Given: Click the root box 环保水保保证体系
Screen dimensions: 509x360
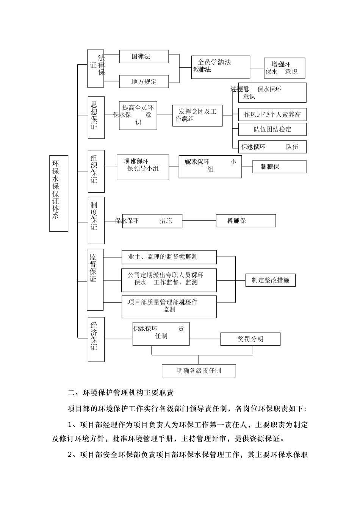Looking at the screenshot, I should click(59, 193).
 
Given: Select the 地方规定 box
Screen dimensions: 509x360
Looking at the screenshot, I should click(144, 81).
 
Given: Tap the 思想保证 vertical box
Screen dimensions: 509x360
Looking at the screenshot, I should click(96, 117).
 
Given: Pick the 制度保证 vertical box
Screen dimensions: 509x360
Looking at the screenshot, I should click(96, 220).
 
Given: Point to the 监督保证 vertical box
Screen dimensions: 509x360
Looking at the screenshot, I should click(95, 279).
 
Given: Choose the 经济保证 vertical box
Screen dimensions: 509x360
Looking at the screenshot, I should click(96, 339).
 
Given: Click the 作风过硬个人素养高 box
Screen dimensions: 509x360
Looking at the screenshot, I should click(272, 114).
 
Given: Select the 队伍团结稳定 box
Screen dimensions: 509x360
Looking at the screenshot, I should click(272, 129).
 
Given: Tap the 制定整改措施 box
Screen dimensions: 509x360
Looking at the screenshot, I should click(270, 280).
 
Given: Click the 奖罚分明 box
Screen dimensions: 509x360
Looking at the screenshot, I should click(250, 339).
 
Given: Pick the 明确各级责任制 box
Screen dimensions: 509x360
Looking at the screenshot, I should click(199, 370).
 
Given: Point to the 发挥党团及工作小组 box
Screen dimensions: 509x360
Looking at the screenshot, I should click(197, 116).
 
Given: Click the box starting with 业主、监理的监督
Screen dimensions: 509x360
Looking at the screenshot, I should click(169, 257).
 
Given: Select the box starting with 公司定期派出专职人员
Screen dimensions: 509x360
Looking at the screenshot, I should click(169, 280).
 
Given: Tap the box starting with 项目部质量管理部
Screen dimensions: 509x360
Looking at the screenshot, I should click(169, 306).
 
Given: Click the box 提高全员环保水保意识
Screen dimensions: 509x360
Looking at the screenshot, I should click(138, 116).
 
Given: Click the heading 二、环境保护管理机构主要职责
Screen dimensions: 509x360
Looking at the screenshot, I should click(121, 393).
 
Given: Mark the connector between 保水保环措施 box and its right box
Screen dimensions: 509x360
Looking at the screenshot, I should click(199, 220).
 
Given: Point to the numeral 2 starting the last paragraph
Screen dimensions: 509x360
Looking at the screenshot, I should click(70, 454).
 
